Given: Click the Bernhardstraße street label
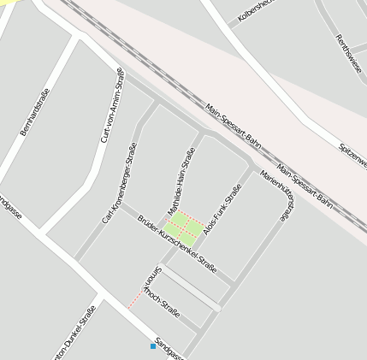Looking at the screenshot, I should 34,112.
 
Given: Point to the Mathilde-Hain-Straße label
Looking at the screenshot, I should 181,181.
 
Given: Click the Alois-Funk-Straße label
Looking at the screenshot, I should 222,210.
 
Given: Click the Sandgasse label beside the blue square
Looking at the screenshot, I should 171,345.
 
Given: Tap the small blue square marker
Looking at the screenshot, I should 153,345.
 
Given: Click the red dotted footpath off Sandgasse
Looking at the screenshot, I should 134,298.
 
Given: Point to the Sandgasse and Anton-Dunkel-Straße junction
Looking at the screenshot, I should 100,295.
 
